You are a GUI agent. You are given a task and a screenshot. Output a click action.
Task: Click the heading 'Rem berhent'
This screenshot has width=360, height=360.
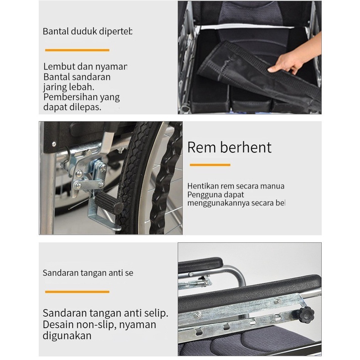click(x=229, y=148)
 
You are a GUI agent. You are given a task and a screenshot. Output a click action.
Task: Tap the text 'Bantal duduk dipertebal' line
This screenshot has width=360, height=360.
click(x=87, y=32)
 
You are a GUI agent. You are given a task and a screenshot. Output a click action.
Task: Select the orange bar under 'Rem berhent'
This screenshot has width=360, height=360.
click(x=210, y=165)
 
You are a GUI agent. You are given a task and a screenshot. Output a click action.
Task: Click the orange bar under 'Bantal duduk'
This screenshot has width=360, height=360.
click(x=77, y=50)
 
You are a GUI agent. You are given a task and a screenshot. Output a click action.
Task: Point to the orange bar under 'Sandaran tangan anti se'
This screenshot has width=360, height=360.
click(x=77, y=292)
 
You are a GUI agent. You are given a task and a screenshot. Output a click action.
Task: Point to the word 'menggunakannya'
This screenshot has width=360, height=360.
click(x=216, y=203)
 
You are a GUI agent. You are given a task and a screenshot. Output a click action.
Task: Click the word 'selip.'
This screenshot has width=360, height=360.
click(x=154, y=314)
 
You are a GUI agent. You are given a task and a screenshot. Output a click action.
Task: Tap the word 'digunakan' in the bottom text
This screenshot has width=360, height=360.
click(x=67, y=336)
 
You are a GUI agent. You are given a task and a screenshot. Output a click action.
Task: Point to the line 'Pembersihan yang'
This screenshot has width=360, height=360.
click(x=82, y=97)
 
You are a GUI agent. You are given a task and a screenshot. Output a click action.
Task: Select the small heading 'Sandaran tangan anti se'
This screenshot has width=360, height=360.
click(x=88, y=273)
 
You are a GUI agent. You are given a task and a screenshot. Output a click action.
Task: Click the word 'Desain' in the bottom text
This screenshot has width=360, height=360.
click(x=58, y=325)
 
